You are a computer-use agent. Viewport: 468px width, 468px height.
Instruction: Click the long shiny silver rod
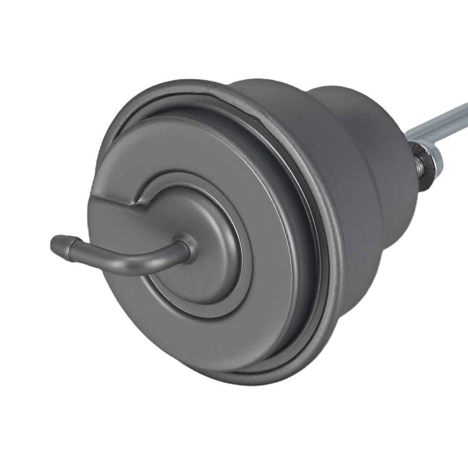pos(445,119)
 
